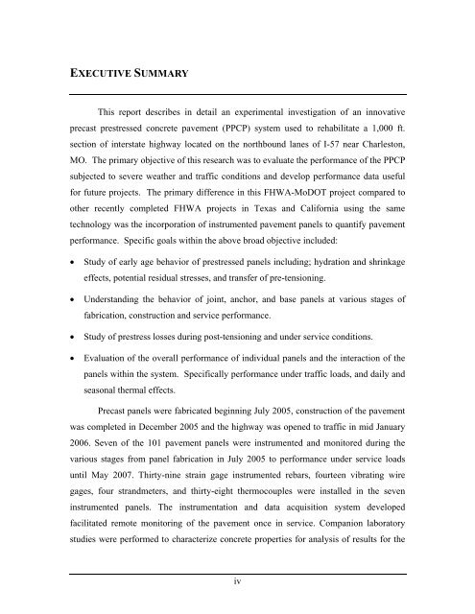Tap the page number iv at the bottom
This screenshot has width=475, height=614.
(x=236, y=579)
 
